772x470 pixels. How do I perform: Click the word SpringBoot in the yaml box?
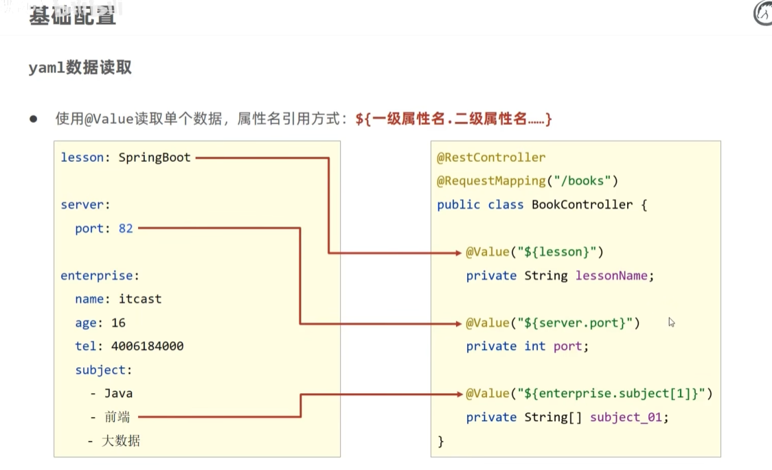click(156, 158)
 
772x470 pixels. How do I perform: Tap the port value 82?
click(126, 228)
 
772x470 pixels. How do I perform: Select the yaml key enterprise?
click(100, 276)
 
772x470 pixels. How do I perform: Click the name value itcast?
click(140, 299)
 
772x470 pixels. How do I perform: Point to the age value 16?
click(118, 322)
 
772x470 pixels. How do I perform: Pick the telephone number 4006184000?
click(147, 346)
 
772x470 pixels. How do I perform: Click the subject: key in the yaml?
click(104, 370)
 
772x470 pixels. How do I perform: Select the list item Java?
click(118, 393)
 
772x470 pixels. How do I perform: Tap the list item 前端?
click(117, 416)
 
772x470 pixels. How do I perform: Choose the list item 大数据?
click(121, 440)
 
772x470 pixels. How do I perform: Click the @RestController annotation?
click(491, 158)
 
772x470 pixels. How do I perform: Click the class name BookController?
click(582, 204)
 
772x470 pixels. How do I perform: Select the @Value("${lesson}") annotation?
click(534, 252)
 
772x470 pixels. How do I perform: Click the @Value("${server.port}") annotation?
click(553, 322)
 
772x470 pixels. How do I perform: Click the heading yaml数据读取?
click(80, 68)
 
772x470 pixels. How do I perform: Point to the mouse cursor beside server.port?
click(671, 322)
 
